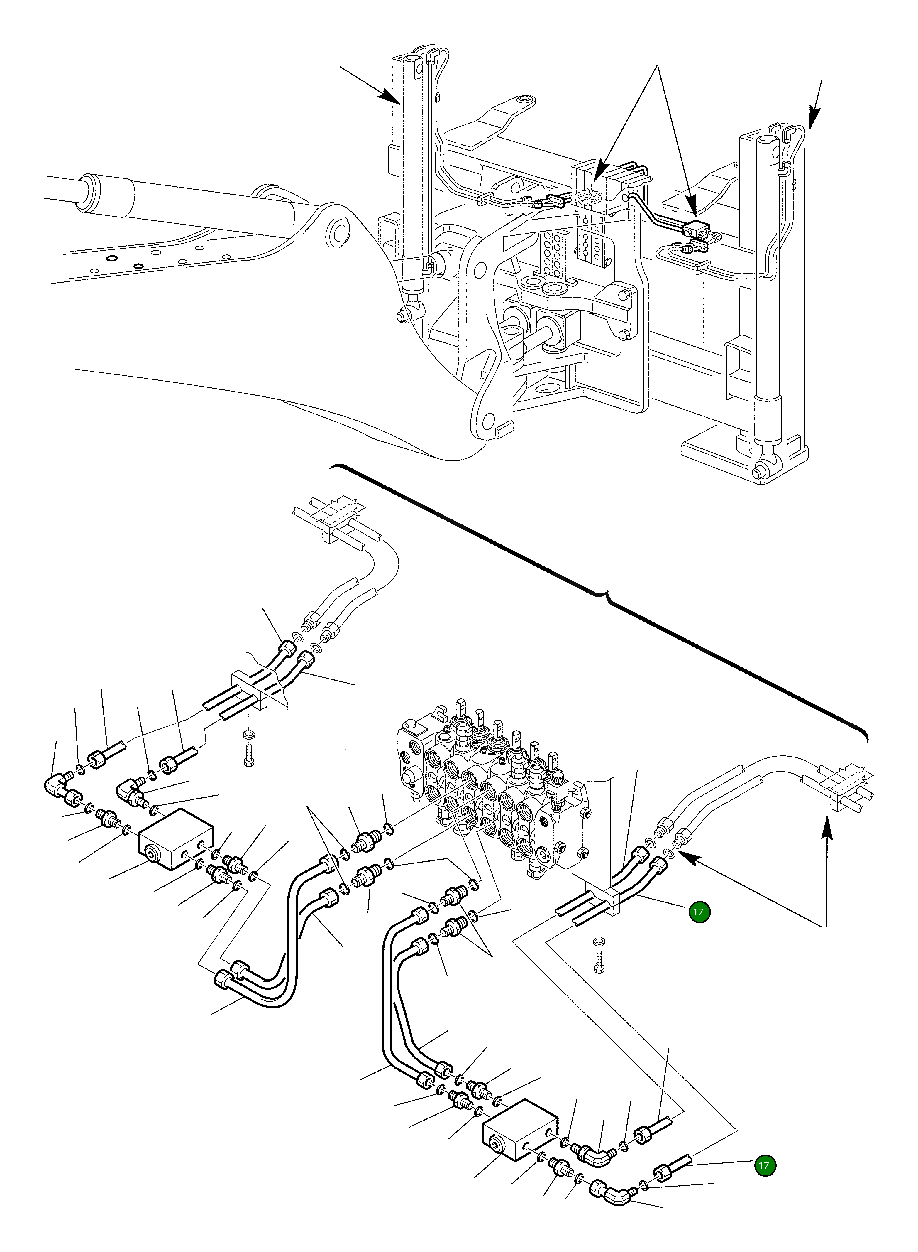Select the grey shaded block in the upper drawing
589,197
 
